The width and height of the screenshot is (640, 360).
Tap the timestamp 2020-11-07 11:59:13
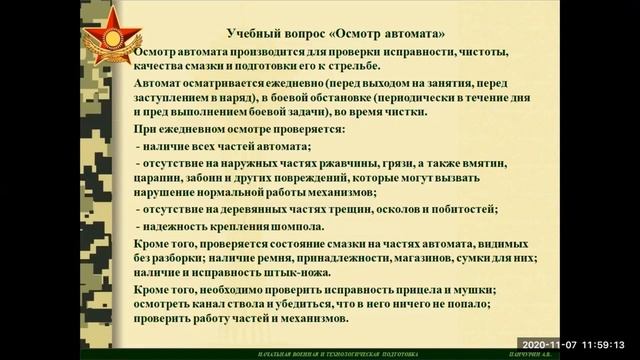pyautogui.click(x=578, y=342)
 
